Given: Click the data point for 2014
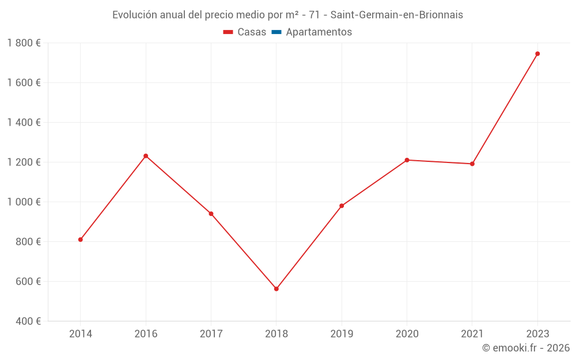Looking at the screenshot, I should pyautogui.click(x=81, y=240).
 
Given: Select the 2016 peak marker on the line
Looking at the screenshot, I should pyautogui.click(x=146, y=156).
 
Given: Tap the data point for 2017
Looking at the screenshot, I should pyautogui.click(x=211, y=214).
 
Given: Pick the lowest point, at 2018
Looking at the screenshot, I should pyautogui.click(x=276, y=289).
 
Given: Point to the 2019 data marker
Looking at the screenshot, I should pyautogui.click(x=342, y=206).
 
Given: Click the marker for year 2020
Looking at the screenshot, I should pyautogui.click(x=407, y=160).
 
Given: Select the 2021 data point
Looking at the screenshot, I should pyautogui.click(x=472, y=164).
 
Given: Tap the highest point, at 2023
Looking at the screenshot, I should pyautogui.click(x=537, y=54).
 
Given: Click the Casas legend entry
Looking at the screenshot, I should pyautogui.click(x=245, y=32).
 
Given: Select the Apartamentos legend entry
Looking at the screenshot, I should pyautogui.click(x=312, y=32).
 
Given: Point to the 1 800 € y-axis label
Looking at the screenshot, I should pyautogui.click(x=24, y=43).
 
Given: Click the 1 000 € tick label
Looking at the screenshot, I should pyautogui.click(x=24, y=202).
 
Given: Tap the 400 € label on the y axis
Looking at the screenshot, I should pyautogui.click(x=28, y=321).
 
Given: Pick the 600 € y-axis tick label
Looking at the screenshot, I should pyautogui.click(x=28, y=282).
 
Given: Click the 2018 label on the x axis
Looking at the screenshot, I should pyautogui.click(x=276, y=334).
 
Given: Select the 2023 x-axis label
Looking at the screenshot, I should pyautogui.click(x=537, y=334).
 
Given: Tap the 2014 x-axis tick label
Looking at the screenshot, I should pyautogui.click(x=81, y=334).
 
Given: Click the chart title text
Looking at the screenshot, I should pyautogui.click(x=287, y=15).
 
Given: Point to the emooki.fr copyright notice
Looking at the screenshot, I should pyautogui.click(x=525, y=348).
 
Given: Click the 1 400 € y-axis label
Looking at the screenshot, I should pyautogui.click(x=24, y=123).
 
